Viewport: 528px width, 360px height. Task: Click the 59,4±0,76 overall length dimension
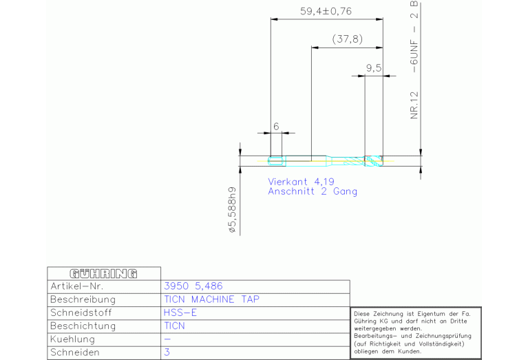coord(326,11)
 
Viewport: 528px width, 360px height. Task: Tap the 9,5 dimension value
coord(373,67)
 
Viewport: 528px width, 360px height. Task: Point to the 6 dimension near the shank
coord(275,126)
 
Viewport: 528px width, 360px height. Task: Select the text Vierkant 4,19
coord(301,181)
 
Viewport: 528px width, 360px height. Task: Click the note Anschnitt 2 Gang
coord(313,191)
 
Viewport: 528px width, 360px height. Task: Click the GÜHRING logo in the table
coord(103,273)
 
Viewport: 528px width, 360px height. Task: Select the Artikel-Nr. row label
coord(77,286)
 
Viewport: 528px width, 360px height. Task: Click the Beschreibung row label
coord(83,299)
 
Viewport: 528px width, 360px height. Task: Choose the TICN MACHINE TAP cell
coord(212,299)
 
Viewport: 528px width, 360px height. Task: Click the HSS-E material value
coord(180,313)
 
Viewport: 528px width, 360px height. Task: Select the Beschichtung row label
coord(83,326)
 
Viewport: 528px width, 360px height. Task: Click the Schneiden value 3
coord(167,352)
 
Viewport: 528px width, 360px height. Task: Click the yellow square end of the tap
coord(277,161)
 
